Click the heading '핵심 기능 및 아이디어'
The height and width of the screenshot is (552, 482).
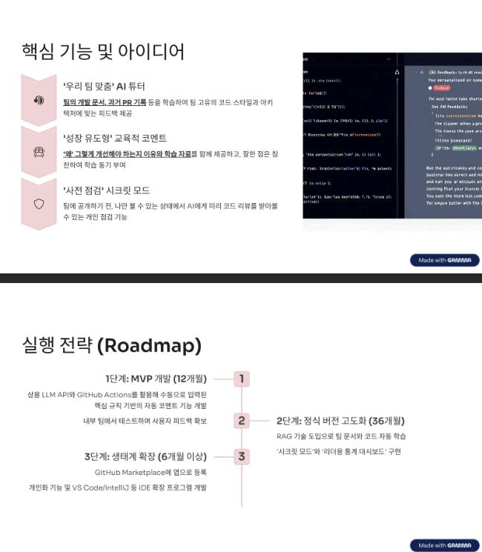pyautogui.click(x=103, y=52)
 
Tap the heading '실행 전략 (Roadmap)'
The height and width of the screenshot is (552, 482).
pyautogui.click(x=112, y=346)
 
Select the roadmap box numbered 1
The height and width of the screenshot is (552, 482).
pyautogui.click(x=242, y=379)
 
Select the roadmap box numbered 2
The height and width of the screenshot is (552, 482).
pyautogui.click(x=242, y=421)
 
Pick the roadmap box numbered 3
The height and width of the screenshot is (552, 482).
pyautogui.click(x=242, y=456)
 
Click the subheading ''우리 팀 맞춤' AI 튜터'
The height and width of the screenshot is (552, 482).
pyautogui.click(x=104, y=86)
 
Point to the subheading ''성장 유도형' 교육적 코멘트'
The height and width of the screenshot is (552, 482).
pyautogui.click(x=115, y=138)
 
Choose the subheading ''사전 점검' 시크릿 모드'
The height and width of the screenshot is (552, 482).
pyautogui.click(x=107, y=190)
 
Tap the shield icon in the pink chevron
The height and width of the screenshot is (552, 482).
pyautogui.click(x=39, y=203)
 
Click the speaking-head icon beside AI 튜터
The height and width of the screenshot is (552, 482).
pyautogui.click(x=39, y=100)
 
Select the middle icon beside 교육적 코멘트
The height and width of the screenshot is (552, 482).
pyautogui.click(x=39, y=152)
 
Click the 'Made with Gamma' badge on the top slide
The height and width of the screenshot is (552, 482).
pyautogui.click(x=444, y=261)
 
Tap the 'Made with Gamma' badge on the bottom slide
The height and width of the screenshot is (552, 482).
pyautogui.click(x=444, y=545)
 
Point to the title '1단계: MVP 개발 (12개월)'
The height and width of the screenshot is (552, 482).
pyautogui.click(x=156, y=379)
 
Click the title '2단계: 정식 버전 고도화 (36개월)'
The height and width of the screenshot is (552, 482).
pyautogui.click(x=340, y=421)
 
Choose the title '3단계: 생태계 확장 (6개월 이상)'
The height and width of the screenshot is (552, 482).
pyautogui.click(x=145, y=456)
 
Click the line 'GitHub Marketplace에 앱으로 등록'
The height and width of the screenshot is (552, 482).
pyautogui.click(x=151, y=472)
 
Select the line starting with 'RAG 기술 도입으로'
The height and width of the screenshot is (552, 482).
pyautogui.click(x=341, y=436)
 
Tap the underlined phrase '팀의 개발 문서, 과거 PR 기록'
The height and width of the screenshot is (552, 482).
pyautogui.click(x=105, y=102)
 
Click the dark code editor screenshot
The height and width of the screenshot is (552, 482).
pyautogui.click(x=392, y=136)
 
